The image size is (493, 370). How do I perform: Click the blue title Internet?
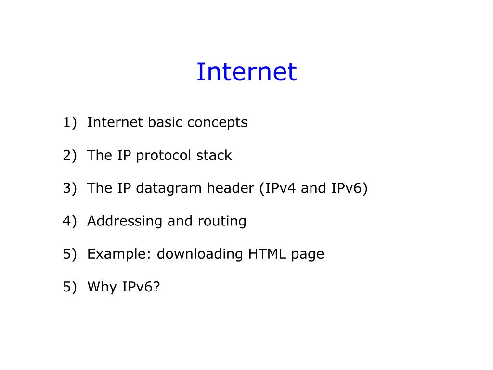[x=246, y=72]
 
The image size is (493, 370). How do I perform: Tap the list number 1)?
[x=70, y=122]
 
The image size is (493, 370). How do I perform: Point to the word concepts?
[x=218, y=123]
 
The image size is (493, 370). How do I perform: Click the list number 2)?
[x=70, y=156]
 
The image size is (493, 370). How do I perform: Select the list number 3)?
[x=70, y=188]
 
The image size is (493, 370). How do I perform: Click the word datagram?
[x=169, y=189]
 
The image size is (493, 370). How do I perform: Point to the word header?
[x=231, y=188]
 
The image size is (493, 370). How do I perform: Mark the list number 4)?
[x=70, y=221]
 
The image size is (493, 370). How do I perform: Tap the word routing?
[x=222, y=222]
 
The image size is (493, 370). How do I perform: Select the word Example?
[x=119, y=254]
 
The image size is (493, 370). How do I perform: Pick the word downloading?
[x=200, y=255]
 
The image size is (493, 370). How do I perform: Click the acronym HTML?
[x=267, y=254]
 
